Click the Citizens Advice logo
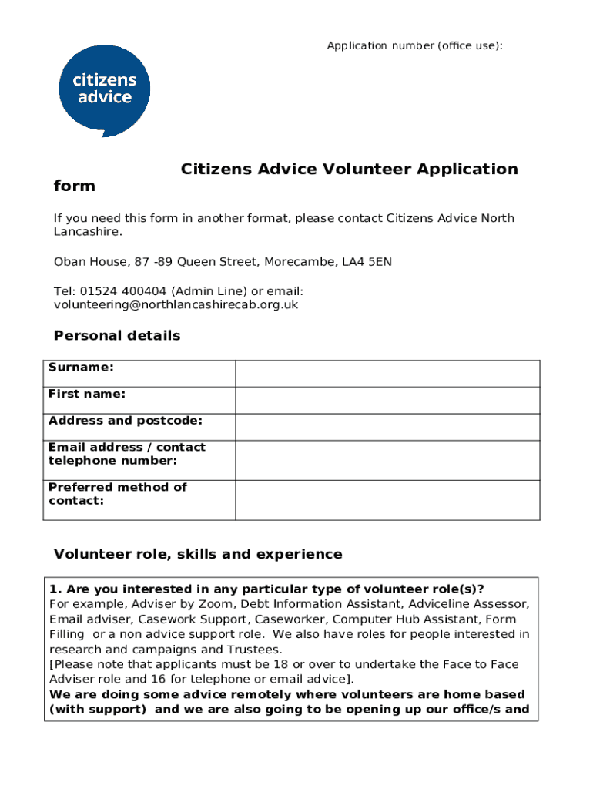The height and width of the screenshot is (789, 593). tap(105, 89)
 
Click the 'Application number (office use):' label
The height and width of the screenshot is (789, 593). tap(414, 46)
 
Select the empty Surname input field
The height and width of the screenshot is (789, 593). tap(387, 374)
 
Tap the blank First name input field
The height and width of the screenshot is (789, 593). tap(387, 401)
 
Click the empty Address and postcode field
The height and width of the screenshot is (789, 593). tap(387, 428)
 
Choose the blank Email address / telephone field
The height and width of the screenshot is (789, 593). tap(387, 461)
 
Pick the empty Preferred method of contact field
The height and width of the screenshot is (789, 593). tap(387, 500)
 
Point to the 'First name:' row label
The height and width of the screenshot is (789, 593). tap(87, 394)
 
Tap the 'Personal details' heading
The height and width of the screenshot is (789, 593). tap(117, 336)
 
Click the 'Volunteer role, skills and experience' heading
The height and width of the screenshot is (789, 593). tap(198, 555)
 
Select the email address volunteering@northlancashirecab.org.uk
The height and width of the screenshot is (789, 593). tap(176, 305)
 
